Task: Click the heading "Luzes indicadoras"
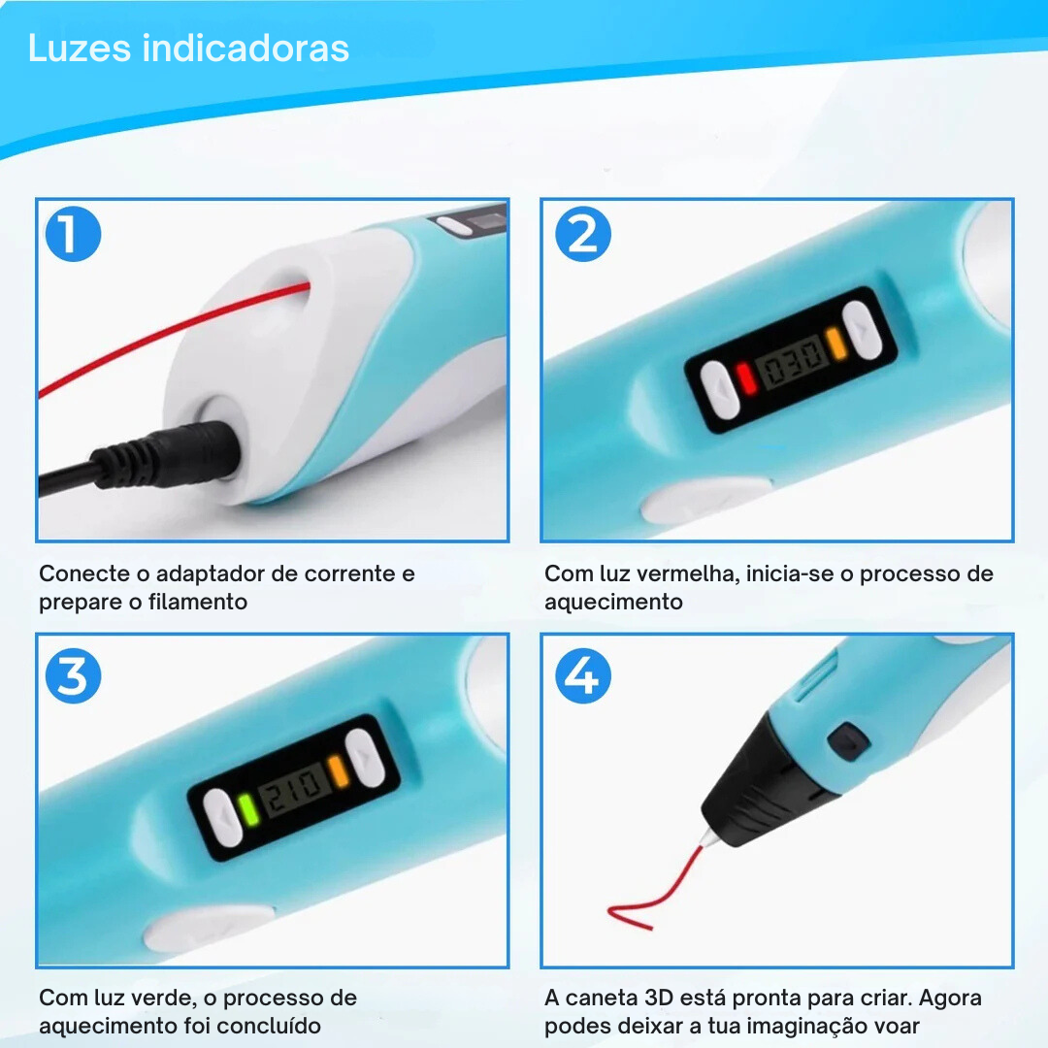click(x=188, y=49)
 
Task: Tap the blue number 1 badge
click(x=73, y=234)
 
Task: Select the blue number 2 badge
click(x=583, y=234)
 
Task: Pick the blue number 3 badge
click(x=73, y=675)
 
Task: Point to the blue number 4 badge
click(x=583, y=675)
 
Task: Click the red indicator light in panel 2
click(x=745, y=378)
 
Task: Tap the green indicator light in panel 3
click(x=248, y=809)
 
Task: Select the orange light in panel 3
click(x=339, y=770)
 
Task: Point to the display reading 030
click(x=792, y=362)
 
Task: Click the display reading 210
click(x=294, y=790)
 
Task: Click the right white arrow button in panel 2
click(x=863, y=329)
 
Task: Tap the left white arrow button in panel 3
click(x=222, y=818)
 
